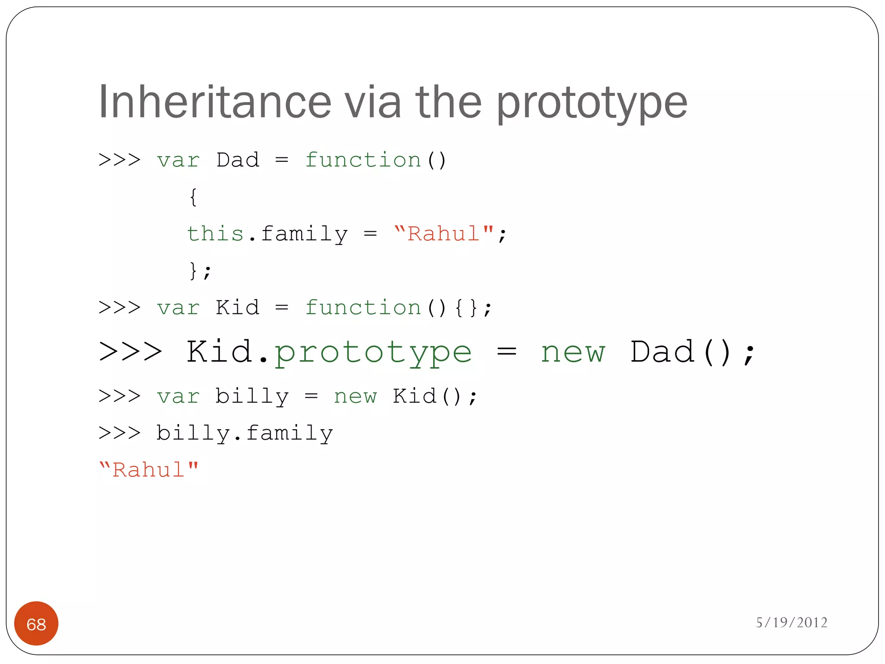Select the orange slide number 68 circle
click(x=36, y=623)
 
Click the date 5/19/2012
click(x=791, y=622)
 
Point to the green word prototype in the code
click(x=373, y=353)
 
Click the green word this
click(x=215, y=234)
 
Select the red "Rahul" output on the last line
click(x=149, y=469)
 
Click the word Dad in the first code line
click(x=238, y=160)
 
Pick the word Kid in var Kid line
click(x=238, y=308)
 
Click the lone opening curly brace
click(x=193, y=197)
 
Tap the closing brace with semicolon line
click(x=200, y=271)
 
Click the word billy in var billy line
click(x=252, y=397)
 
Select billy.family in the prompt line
click(x=245, y=434)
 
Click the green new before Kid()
click(x=355, y=397)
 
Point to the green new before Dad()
click(x=573, y=353)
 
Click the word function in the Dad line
click(x=363, y=160)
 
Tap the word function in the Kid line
click(x=363, y=308)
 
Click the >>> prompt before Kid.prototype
click(x=130, y=352)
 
